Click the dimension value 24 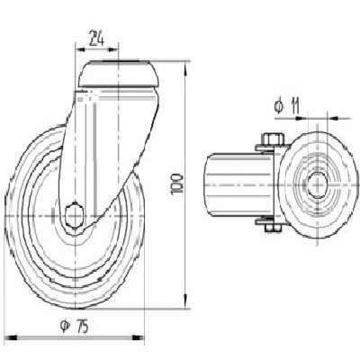(96, 38)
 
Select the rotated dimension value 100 (176, 184)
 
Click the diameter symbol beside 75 (65, 327)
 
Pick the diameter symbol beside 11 (279, 106)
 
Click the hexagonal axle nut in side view (74, 216)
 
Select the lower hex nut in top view (273, 227)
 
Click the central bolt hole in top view (318, 184)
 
